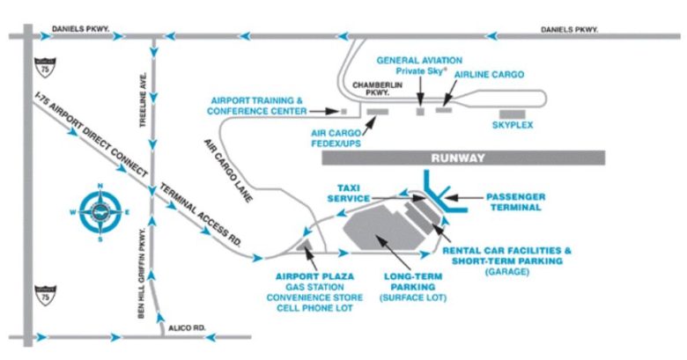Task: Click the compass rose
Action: (x=100, y=212)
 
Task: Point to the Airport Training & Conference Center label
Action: (x=257, y=106)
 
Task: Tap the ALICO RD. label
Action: (x=186, y=328)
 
